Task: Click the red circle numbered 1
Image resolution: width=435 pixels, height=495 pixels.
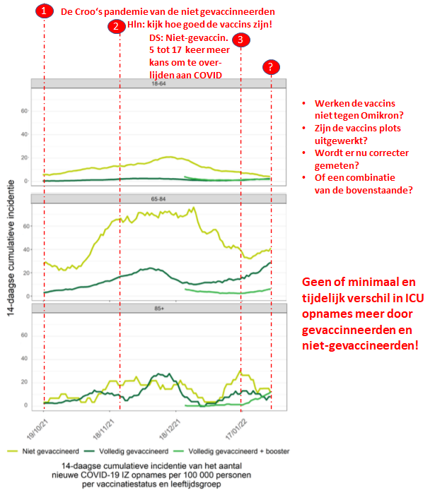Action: click(45, 11)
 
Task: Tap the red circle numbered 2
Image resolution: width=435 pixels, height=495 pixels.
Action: click(116, 27)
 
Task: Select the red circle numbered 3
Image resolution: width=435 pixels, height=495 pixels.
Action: click(241, 40)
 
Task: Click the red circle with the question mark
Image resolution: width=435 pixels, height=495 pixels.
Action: click(271, 67)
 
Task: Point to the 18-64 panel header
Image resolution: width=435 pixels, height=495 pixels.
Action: click(158, 83)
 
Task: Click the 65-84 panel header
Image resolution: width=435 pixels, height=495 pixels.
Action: click(158, 199)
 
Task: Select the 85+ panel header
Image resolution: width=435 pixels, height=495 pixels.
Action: click(159, 309)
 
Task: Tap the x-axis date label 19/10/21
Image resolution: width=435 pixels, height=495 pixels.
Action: click(37, 429)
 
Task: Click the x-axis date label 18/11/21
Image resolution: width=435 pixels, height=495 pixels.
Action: click(103, 429)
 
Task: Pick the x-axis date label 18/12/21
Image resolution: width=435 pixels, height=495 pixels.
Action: click(170, 429)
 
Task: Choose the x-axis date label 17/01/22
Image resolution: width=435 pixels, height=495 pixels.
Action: click(236, 429)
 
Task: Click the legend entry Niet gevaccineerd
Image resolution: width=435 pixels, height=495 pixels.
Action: click(43, 451)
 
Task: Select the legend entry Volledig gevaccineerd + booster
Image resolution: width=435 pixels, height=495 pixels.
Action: click(232, 451)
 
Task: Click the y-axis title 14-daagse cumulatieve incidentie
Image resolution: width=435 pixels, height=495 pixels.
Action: click(11, 248)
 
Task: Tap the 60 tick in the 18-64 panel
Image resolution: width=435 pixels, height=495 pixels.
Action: click(24, 111)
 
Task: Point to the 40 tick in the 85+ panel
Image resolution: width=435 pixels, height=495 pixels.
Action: click(24, 359)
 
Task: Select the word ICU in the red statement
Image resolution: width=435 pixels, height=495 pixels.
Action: click(414, 298)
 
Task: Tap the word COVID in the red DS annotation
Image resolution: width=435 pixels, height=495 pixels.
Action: click(208, 75)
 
